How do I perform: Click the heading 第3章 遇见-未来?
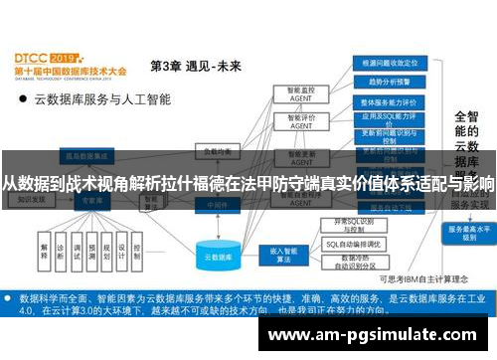pyautogui.click(x=194, y=66)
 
